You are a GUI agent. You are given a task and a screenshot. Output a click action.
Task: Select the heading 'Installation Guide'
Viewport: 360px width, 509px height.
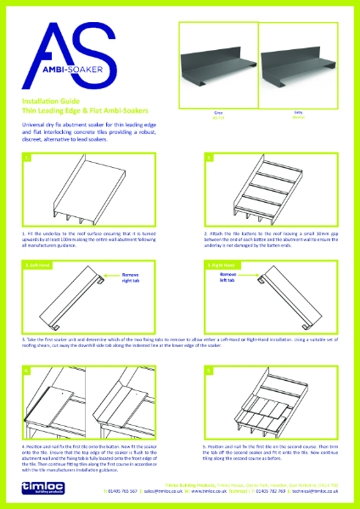[52, 101]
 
